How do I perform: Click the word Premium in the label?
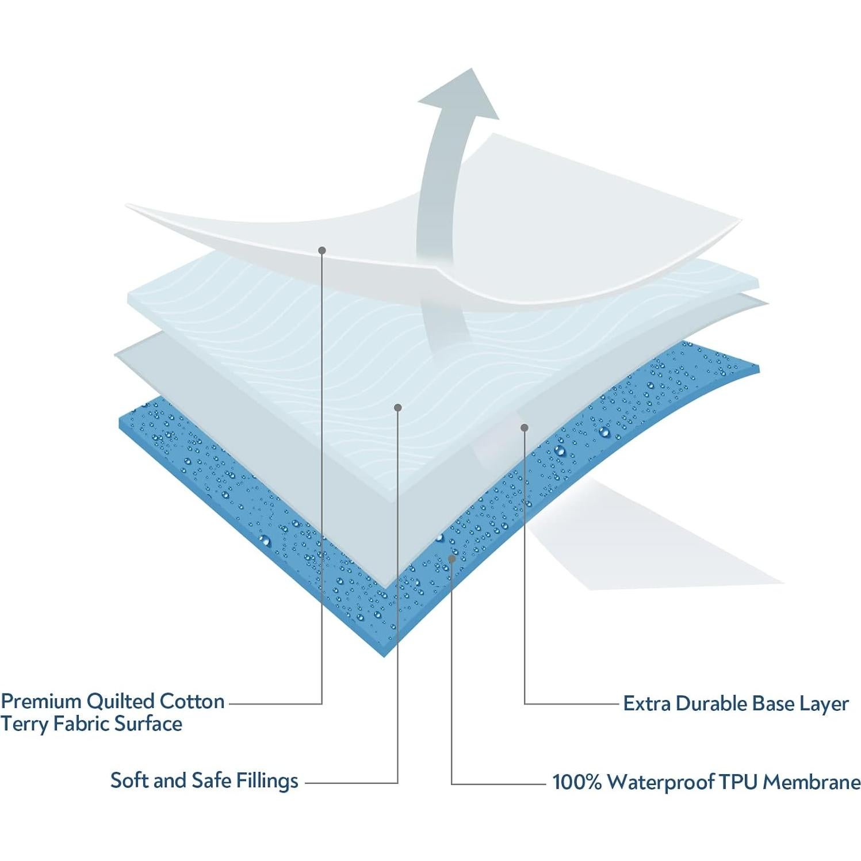click(x=41, y=702)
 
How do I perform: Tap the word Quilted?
click(x=120, y=702)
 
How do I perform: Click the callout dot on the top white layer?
click(x=322, y=250)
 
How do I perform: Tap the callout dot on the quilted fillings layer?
click(x=397, y=407)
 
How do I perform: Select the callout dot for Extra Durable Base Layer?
click(x=524, y=427)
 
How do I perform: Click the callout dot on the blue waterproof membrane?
click(x=452, y=558)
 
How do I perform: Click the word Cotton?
click(x=192, y=702)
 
